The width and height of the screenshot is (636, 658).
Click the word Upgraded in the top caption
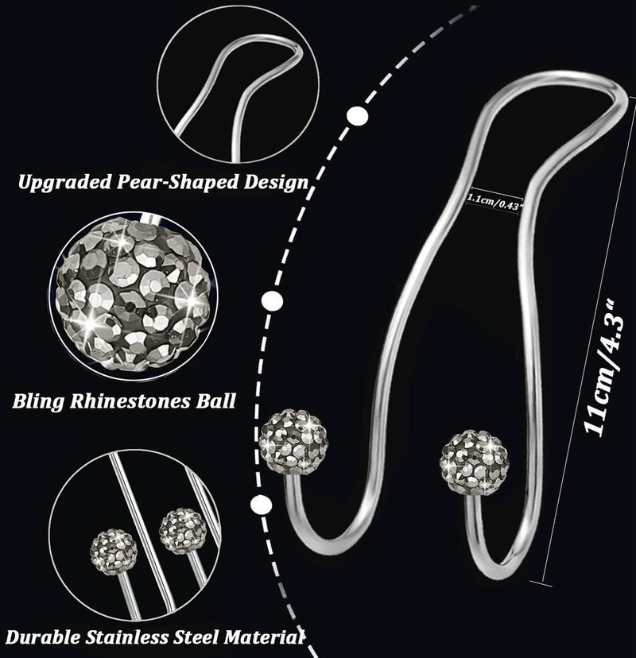pyautogui.click(x=65, y=183)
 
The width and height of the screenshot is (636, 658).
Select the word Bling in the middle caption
pyautogui.click(x=39, y=401)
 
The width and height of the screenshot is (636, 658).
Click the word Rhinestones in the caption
pyautogui.click(x=130, y=401)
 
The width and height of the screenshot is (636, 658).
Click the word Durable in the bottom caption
pyautogui.click(x=43, y=637)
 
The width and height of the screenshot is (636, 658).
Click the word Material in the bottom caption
pyautogui.click(x=264, y=637)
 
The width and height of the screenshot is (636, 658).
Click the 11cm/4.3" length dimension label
pyautogui.click(x=604, y=369)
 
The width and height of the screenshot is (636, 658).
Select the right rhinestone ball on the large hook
pyautogui.click(x=475, y=462)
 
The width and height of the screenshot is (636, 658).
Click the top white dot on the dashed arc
pyautogui.click(x=358, y=115)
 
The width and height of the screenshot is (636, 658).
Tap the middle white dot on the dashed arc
pyautogui.click(x=272, y=301)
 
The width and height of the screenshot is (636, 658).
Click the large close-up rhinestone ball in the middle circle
pyautogui.click(x=134, y=296)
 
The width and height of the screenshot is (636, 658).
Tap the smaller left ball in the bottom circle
pyautogui.click(x=114, y=551)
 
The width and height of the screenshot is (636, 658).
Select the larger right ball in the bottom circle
pyautogui.click(x=183, y=532)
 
